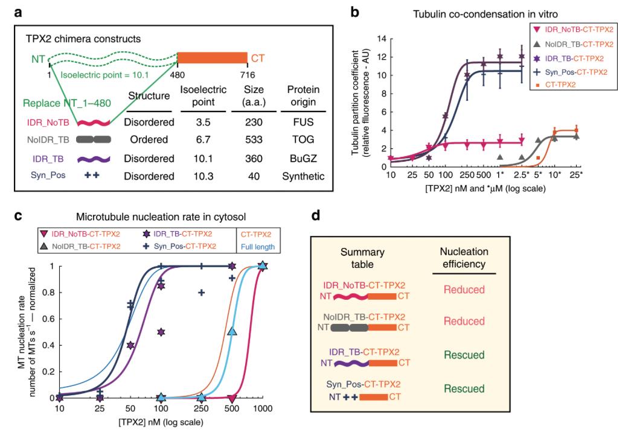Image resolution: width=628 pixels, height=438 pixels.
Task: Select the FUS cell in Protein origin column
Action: [x=307, y=122]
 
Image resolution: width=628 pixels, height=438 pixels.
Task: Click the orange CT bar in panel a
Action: [x=212, y=57]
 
